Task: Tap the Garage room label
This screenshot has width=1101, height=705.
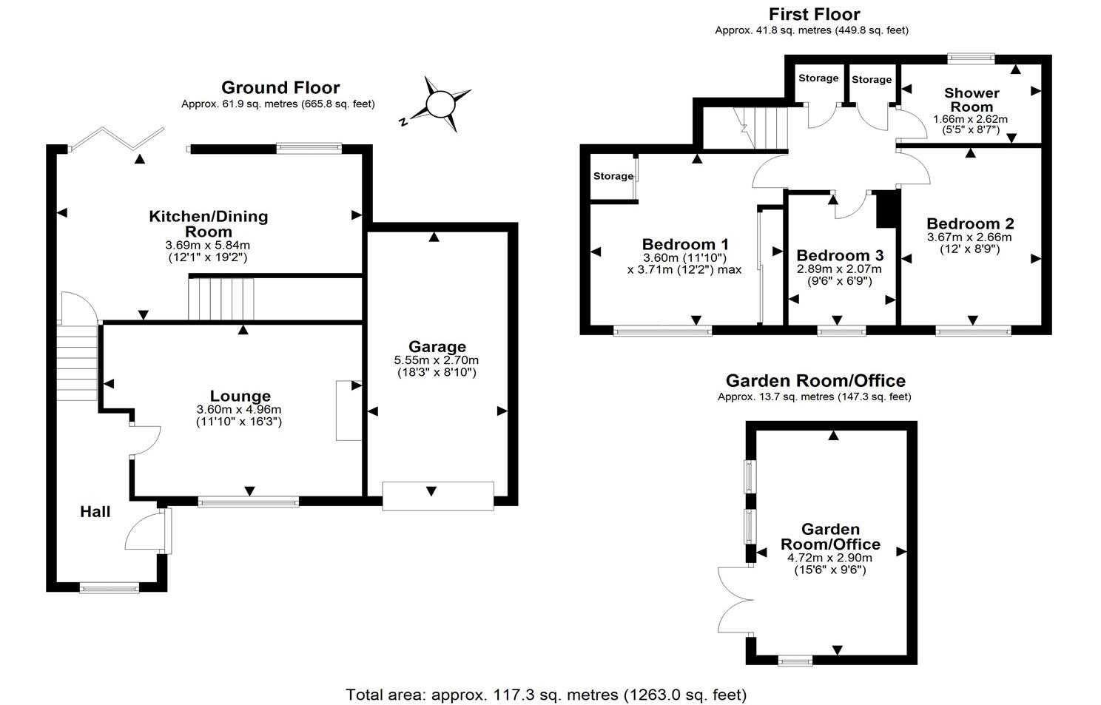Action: pos(437,346)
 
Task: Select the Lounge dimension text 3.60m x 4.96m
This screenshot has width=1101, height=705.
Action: pos(238,410)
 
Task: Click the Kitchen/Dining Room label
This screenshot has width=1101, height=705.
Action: pos(209,223)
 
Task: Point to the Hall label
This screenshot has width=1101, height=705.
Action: pos(95,511)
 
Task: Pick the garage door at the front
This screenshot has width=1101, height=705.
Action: pos(437,495)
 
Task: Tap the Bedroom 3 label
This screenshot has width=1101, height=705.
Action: pos(840,255)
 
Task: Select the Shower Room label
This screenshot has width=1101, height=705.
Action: pos(971,99)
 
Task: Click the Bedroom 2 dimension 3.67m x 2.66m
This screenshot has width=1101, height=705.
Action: pos(969,237)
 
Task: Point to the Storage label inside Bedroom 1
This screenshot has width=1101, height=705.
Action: pos(613,176)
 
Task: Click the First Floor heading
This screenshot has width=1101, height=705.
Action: pos(814,14)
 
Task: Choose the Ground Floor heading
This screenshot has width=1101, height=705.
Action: pos(280,88)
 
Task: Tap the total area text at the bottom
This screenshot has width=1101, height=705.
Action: pos(546,695)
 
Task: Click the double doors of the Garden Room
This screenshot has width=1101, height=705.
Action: pos(734,600)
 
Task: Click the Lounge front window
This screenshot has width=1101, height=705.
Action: pos(249,502)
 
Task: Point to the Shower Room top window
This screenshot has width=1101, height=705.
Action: pos(972,58)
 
